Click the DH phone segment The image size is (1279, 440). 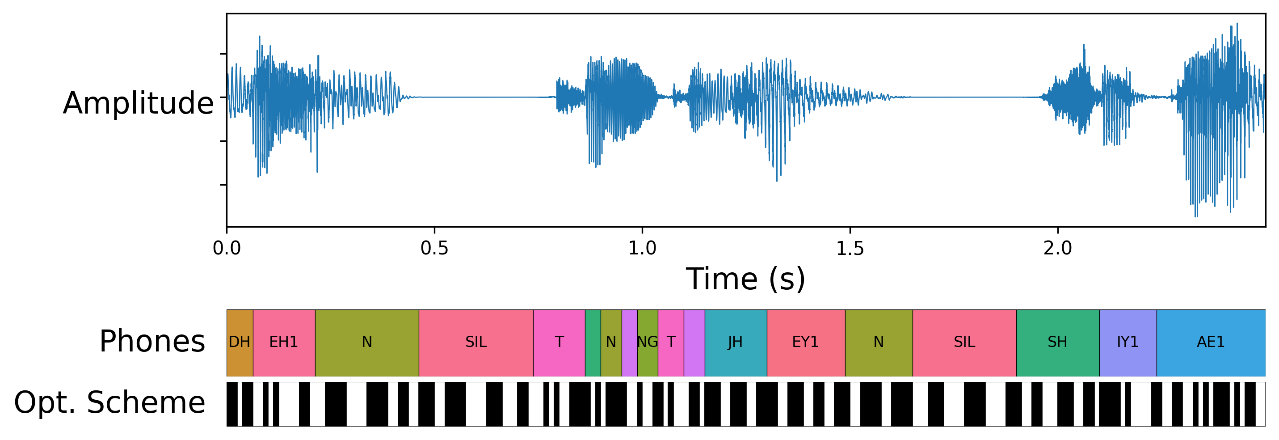240,343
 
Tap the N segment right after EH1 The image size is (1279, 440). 366,343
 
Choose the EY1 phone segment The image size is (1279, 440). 805,343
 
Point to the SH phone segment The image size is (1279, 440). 1057,343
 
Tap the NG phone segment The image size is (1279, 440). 647,343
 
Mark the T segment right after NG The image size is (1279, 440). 670,343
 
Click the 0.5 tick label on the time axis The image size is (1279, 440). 434,248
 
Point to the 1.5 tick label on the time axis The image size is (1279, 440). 850,248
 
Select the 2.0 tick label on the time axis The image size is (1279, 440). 1057,248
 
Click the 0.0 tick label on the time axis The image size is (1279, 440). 227,248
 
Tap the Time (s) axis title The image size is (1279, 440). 745,279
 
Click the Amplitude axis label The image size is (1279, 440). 138,103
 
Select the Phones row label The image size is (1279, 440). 152,342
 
